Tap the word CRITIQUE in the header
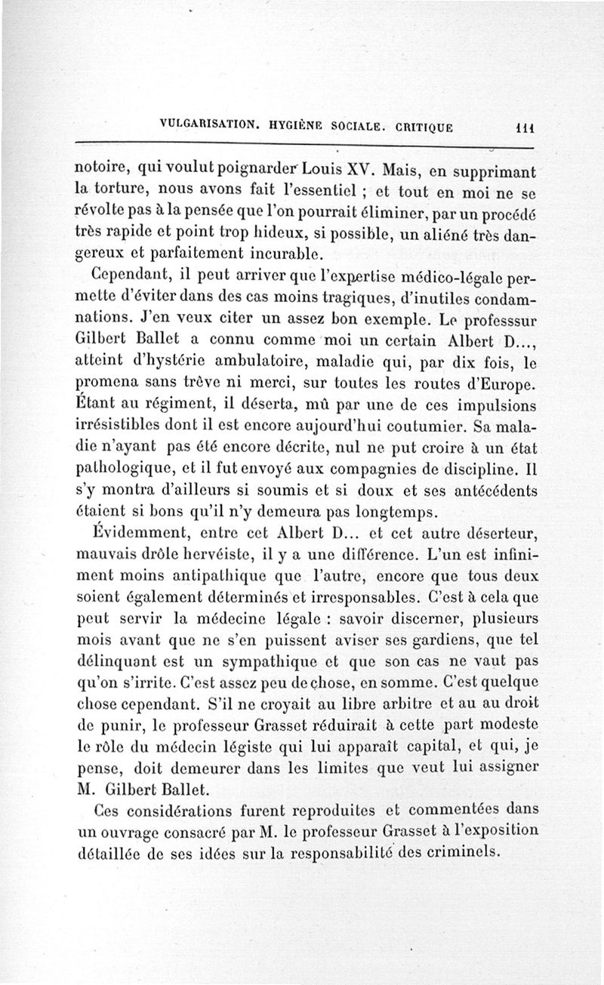click(414, 127)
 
